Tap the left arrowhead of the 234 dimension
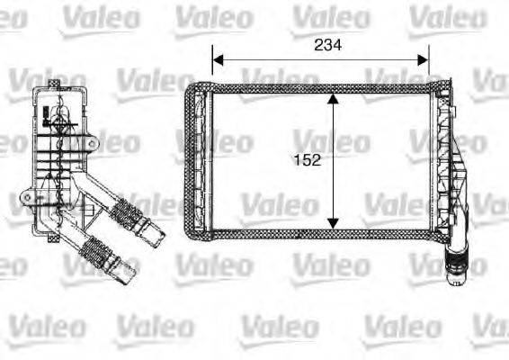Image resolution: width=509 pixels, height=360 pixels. [x=217, y=59]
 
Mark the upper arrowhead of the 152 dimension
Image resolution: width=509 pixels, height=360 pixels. [x=334, y=98]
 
